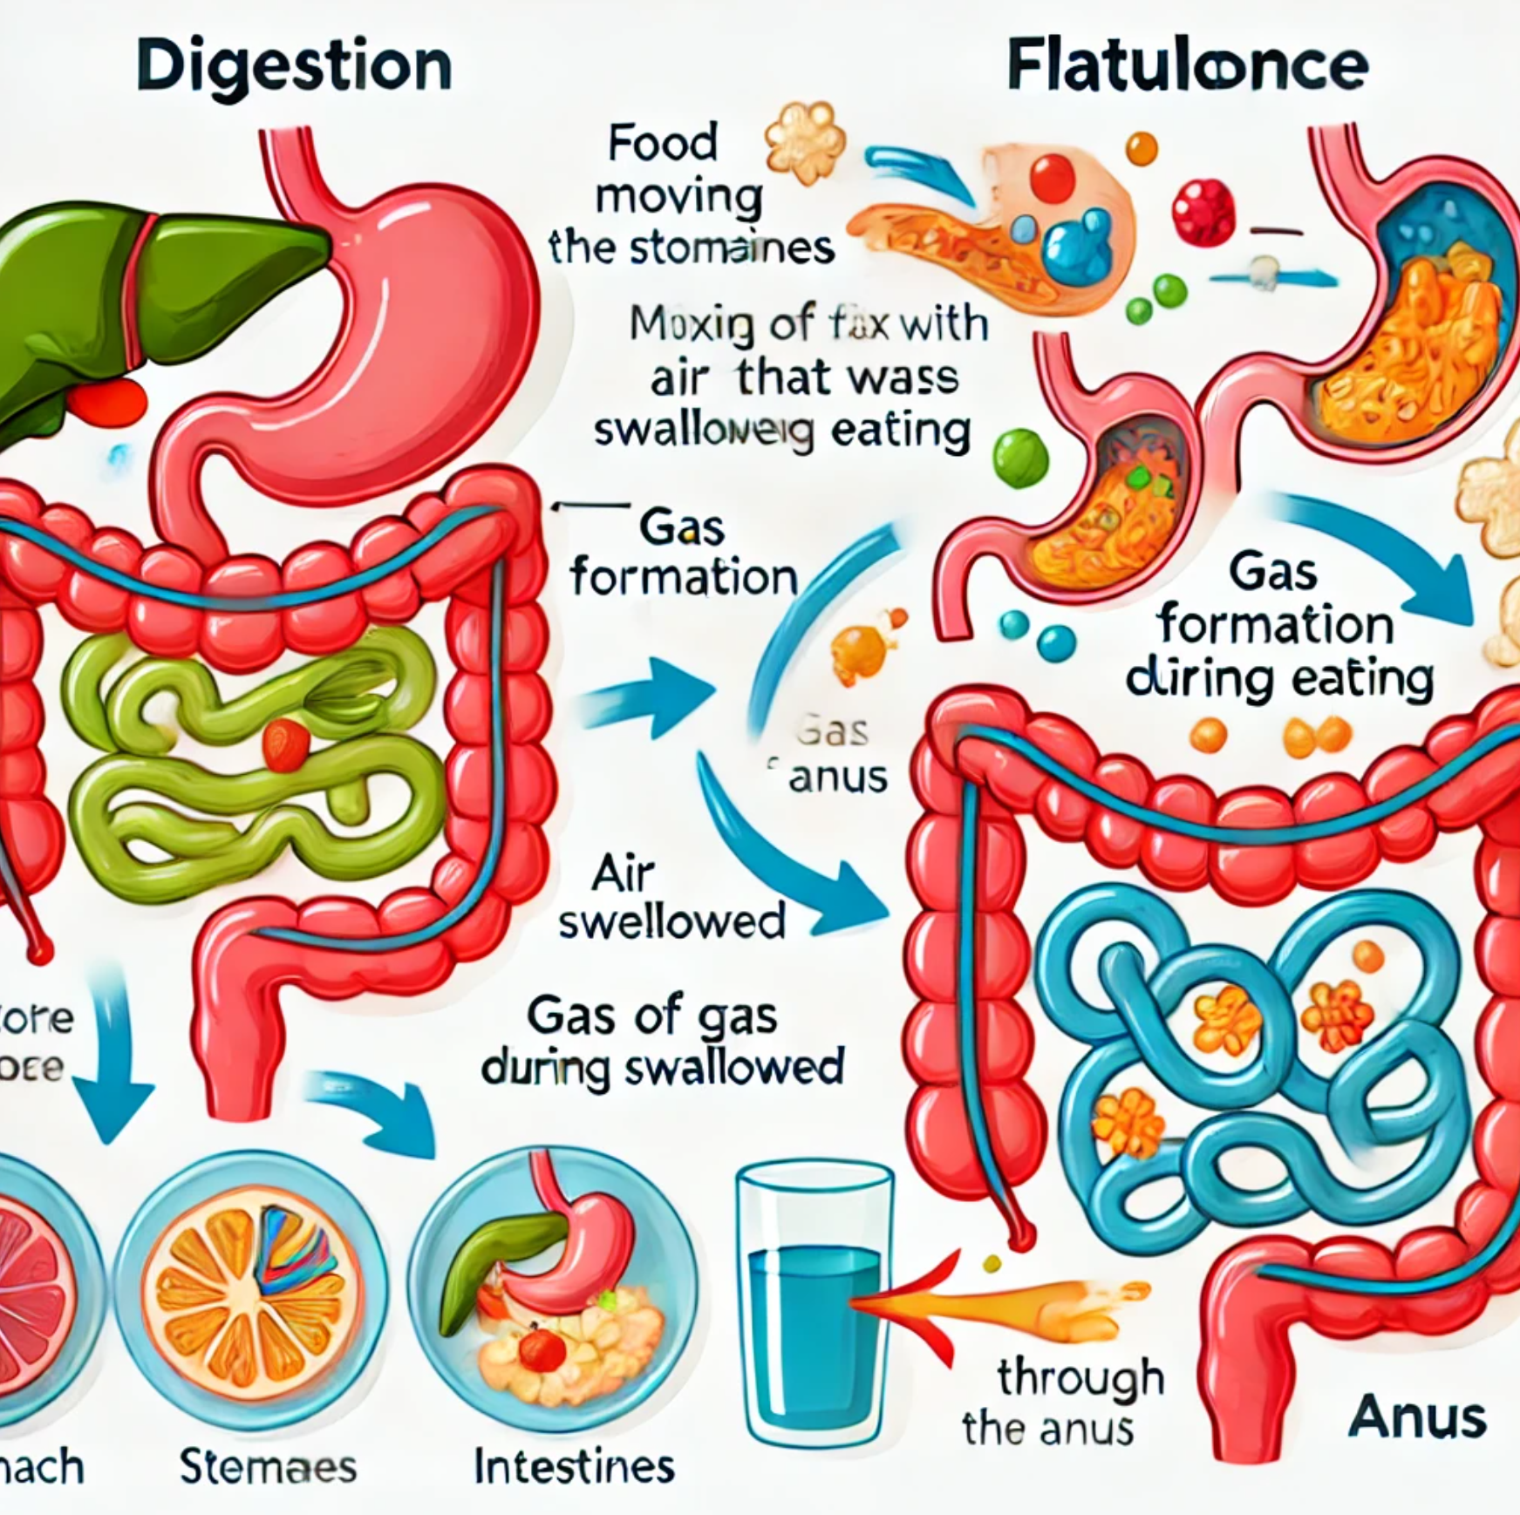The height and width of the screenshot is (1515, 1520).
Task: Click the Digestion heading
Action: [x=294, y=66]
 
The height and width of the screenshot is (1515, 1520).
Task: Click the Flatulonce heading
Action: [x=1186, y=66]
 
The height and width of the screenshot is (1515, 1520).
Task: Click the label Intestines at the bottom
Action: [x=574, y=1466]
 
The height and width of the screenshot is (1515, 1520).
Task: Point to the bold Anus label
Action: [x=1416, y=1418]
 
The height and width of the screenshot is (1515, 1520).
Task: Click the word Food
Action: [x=663, y=142]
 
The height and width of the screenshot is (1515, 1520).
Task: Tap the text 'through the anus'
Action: [x=1064, y=1403]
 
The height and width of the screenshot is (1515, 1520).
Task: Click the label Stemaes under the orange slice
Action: [x=268, y=1466]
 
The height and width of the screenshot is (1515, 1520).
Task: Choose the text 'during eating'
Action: [x=1279, y=679]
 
